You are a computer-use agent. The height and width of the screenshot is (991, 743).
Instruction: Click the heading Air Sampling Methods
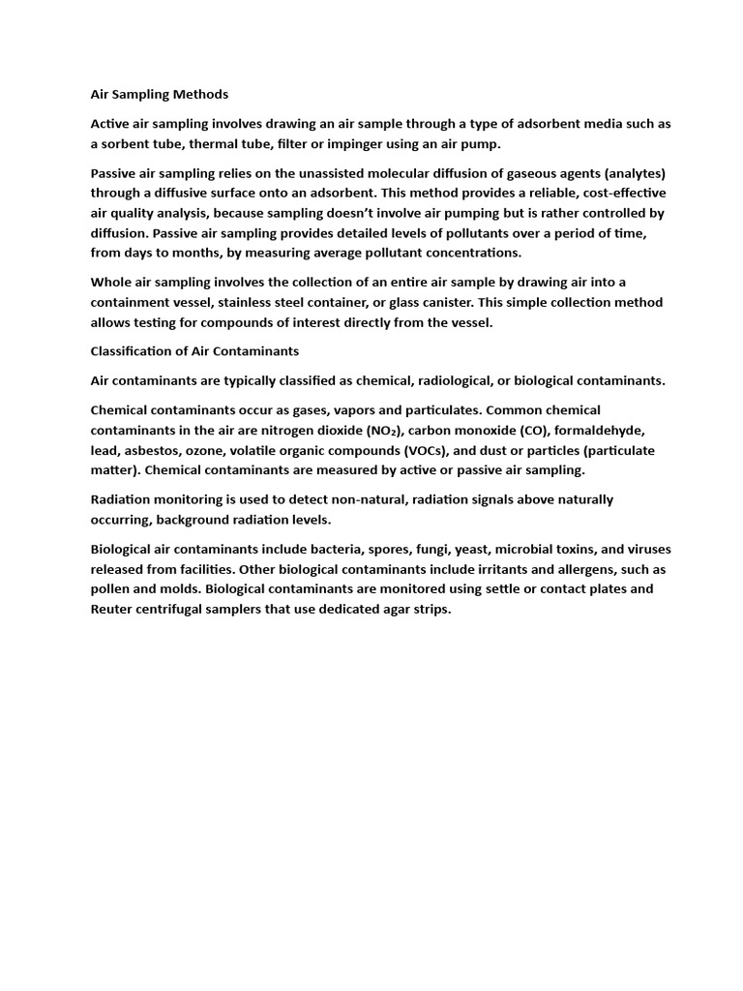click(160, 95)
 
